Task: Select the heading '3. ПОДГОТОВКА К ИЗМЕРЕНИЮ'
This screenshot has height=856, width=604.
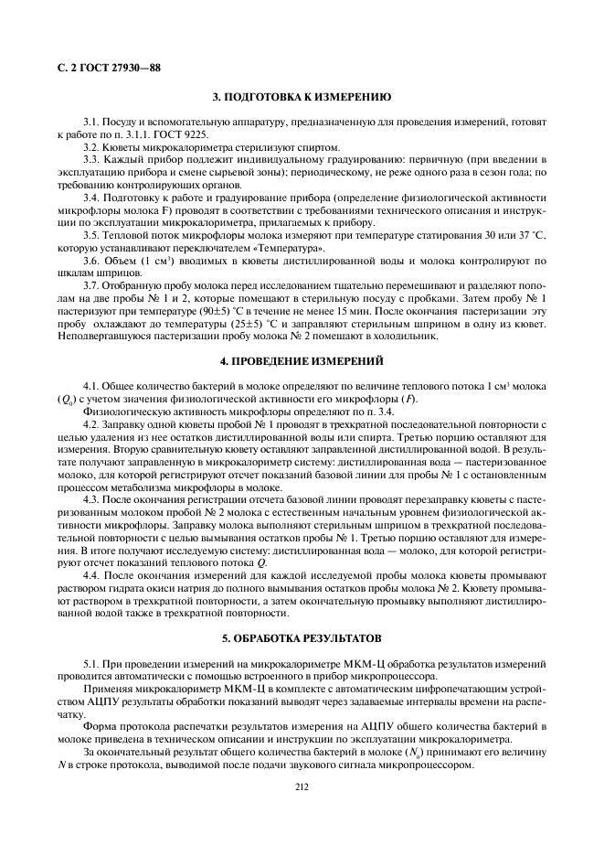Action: pos(302,96)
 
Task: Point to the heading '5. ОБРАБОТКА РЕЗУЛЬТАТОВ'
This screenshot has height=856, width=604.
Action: pos(302,637)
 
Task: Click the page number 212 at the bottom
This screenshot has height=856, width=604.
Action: pos(302,785)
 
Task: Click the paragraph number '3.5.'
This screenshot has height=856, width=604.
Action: pos(93,234)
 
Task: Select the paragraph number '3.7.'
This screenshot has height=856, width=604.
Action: pos(93,285)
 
